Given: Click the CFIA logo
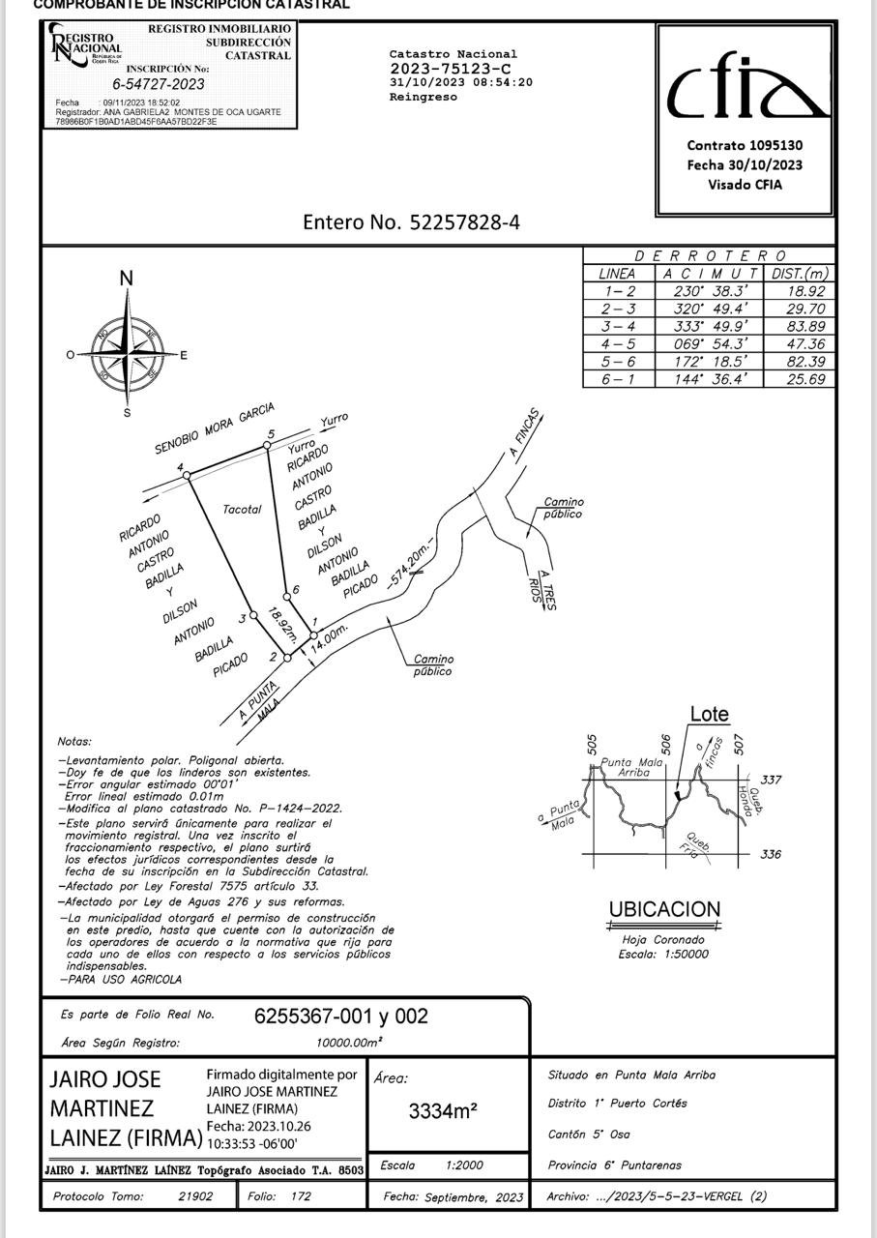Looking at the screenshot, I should (745, 92).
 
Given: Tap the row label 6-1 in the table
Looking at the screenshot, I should (618, 379).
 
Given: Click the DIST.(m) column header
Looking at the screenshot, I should (800, 274).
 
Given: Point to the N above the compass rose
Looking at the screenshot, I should (126, 280).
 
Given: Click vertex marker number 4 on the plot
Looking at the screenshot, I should (188, 475).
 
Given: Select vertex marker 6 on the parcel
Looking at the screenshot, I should (286, 597).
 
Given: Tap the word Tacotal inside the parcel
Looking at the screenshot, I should (242, 509).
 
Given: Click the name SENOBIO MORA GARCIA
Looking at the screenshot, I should (215, 428).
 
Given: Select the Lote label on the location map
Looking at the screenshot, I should (709, 715).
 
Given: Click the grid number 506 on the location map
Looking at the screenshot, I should (665, 743).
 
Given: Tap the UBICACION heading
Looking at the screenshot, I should (664, 909).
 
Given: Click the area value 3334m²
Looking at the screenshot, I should (443, 1111).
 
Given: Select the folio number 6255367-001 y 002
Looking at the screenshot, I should (340, 1016).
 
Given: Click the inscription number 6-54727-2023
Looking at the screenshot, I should (158, 84).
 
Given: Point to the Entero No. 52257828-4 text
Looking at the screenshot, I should (411, 221).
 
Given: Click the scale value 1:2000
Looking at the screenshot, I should (465, 1165).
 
